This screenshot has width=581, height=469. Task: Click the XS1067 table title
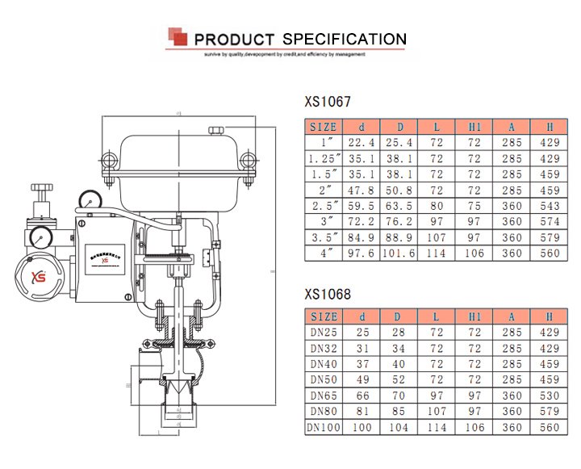(x=328, y=103)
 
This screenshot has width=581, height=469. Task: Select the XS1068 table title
(x=328, y=295)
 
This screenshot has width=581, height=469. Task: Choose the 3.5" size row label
(x=324, y=237)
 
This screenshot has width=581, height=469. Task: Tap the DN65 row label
(x=324, y=396)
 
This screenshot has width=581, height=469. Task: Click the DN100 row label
(x=324, y=427)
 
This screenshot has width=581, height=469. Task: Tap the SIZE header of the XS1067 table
(x=324, y=127)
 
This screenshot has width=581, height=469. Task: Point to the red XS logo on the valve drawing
(x=39, y=276)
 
